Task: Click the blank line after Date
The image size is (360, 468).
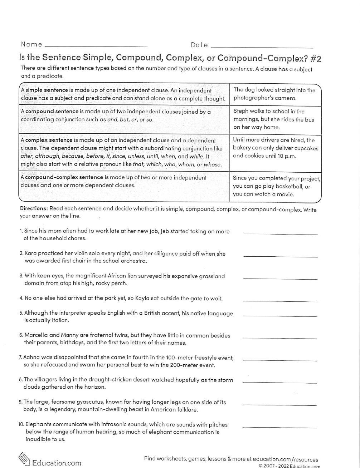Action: (x=262, y=47)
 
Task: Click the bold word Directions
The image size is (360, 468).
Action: (x=34, y=208)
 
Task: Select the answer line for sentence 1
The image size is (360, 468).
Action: (x=280, y=234)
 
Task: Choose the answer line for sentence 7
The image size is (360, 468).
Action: (x=279, y=360)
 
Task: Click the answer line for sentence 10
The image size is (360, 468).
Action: (x=279, y=427)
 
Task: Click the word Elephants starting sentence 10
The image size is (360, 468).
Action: (x=37, y=425)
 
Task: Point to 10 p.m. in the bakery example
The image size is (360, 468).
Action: (x=285, y=156)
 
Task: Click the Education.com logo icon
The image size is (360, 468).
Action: (x=24, y=459)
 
